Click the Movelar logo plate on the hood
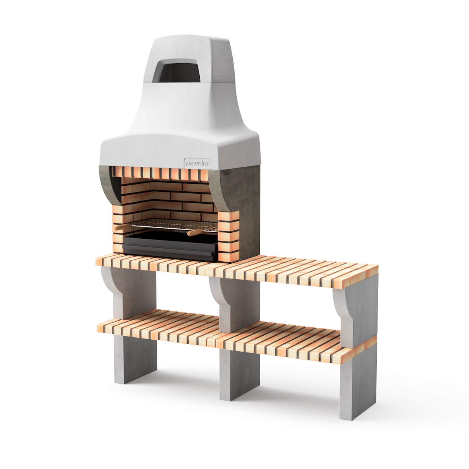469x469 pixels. [x=197, y=163]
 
